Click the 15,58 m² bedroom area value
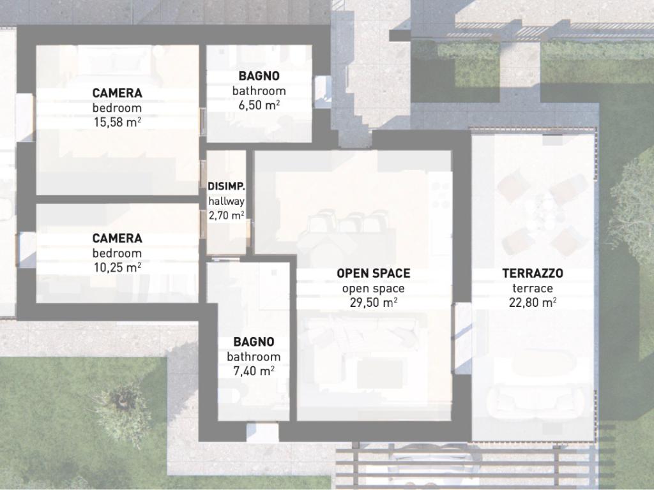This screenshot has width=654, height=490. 118,122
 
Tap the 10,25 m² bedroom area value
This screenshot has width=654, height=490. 118,267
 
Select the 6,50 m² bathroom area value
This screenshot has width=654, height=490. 259,105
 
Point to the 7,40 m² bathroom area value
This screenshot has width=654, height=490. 254,371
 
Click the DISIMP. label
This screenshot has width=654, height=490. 227,186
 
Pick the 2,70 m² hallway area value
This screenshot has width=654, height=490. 227,216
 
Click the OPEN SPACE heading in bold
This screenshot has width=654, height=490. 373,273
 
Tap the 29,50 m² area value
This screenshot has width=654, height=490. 373,302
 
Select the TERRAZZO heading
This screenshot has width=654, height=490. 533,273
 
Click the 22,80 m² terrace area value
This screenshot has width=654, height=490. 533,302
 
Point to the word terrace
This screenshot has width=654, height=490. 533,288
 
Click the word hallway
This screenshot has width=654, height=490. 227,201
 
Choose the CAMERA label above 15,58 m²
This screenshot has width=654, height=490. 118,93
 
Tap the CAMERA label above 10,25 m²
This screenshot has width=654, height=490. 118,239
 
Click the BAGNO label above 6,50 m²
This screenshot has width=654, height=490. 259,76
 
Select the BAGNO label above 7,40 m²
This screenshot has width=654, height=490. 254,342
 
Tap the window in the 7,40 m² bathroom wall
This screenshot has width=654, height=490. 262,432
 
